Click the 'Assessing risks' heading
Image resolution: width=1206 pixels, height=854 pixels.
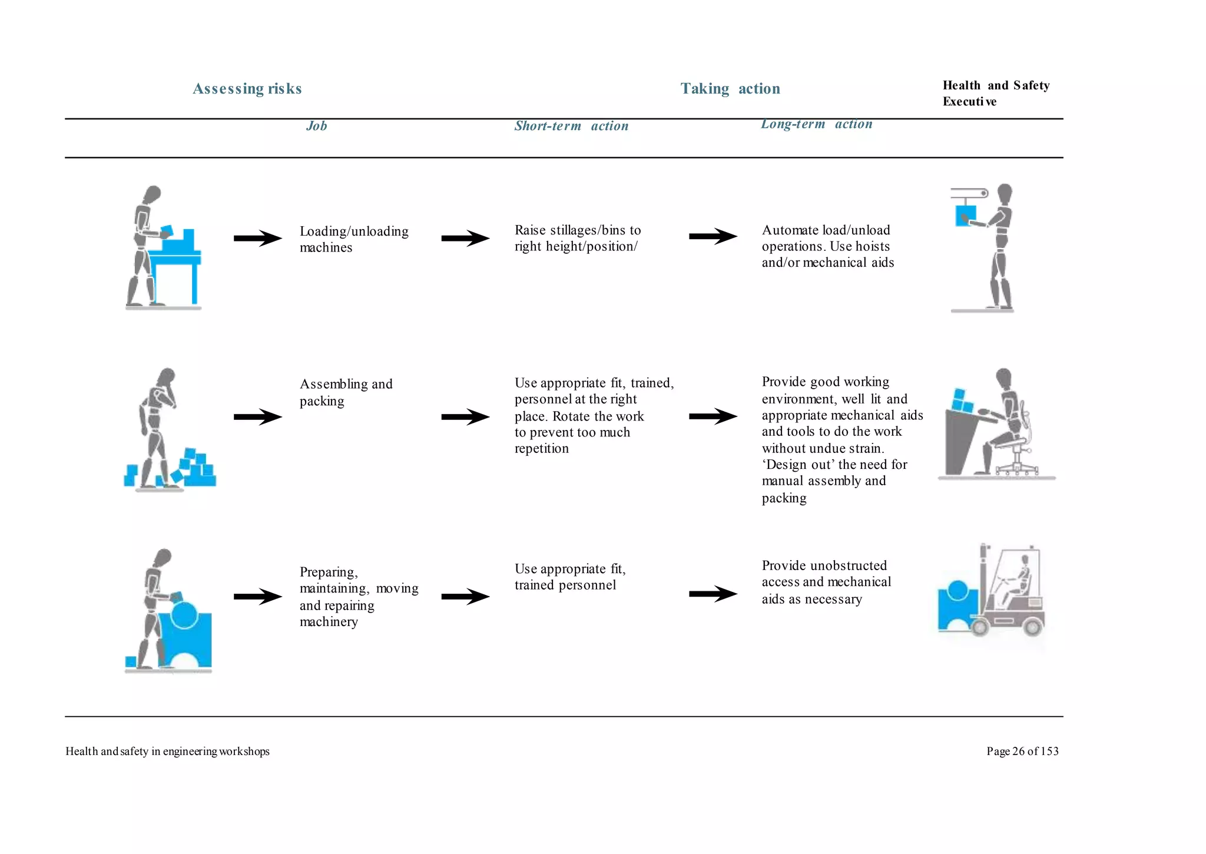tap(247, 88)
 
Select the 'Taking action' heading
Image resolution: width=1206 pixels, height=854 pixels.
tap(730, 88)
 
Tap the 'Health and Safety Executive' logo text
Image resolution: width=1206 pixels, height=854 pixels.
tap(995, 93)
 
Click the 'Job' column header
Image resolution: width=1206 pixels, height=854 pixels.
tap(316, 126)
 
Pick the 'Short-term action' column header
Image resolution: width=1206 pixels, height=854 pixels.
tap(571, 126)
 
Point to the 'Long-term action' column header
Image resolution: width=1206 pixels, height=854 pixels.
tap(816, 124)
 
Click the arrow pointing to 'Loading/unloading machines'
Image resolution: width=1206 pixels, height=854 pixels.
tap(258, 238)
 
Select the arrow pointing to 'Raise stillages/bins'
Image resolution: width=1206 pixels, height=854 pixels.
tap(465, 238)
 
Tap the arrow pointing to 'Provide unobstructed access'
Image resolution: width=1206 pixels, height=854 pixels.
tap(713, 594)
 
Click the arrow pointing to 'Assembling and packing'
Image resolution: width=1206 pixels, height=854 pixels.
tap(258, 417)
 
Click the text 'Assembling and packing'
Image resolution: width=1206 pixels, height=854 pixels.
tap(346, 392)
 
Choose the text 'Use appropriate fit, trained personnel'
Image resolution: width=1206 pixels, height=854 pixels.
tap(569, 577)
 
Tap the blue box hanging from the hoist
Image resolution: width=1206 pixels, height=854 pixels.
tap(965, 216)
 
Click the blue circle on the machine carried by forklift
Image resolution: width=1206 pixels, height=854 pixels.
tap(957, 590)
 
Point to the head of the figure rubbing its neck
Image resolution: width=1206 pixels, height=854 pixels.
tap(167, 377)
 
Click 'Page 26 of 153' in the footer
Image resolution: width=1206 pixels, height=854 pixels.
tap(1022, 752)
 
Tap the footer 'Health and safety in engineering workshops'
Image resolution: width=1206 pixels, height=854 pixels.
tap(167, 752)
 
